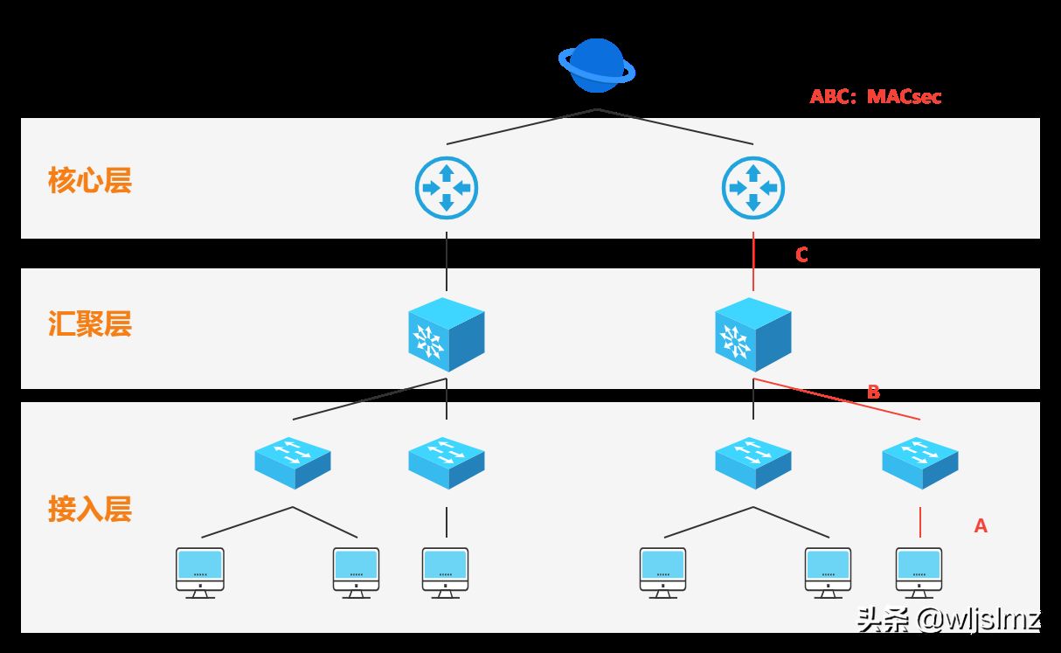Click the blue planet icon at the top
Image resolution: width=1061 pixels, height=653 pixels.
[x=597, y=66]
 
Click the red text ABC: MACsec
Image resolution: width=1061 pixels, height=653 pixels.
[x=875, y=97]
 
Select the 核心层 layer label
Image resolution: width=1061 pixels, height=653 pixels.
[x=90, y=181]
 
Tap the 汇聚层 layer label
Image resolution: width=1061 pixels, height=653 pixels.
[x=90, y=324]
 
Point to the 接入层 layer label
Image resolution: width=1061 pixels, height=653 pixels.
[x=90, y=508]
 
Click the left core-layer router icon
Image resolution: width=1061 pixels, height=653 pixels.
[x=447, y=187]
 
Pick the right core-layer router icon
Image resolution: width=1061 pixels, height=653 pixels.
[x=753, y=187]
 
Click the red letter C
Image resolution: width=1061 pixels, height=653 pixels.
[x=801, y=255]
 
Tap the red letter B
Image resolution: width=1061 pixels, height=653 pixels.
[x=873, y=392]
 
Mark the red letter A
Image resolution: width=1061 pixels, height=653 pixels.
[x=981, y=526]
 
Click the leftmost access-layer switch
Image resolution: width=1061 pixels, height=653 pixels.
[x=293, y=462]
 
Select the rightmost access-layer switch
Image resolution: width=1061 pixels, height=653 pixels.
[x=920, y=462]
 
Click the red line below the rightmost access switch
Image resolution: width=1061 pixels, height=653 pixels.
[x=920, y=521]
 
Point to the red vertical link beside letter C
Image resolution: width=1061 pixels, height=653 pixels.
[x=753, y=262]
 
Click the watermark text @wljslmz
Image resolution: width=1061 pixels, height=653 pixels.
[x=979, y=621]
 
